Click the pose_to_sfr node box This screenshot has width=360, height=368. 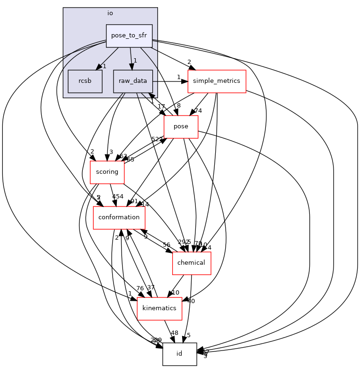[x=129, y=36]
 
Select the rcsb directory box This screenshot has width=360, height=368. [x=85, y=81]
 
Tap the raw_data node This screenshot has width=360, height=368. [x=132, y=81]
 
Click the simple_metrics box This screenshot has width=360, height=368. [x=217, y=81]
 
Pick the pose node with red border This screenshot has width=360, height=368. [x=181, y=126]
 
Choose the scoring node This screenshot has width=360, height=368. [x=107, y=172]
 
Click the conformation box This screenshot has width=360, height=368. [x=119, y=217]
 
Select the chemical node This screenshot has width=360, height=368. [x=191, y=263]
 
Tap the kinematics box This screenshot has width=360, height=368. [x=159, y=308]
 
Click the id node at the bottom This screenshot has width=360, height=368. [x=179, y=354]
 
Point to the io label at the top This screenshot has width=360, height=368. [x=110, y=13]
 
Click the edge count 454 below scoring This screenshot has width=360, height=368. [x=117, y=197]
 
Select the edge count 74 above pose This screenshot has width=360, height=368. [x=198, y=111]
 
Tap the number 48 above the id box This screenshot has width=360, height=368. [x=174, y=333]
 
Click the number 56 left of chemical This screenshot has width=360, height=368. [x=167, y=245]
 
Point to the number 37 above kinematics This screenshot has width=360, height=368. [x=151, y=287]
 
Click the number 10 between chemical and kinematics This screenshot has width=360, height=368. [x=175, y=293]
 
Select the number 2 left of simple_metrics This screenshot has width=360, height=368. [x=189, y=62]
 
